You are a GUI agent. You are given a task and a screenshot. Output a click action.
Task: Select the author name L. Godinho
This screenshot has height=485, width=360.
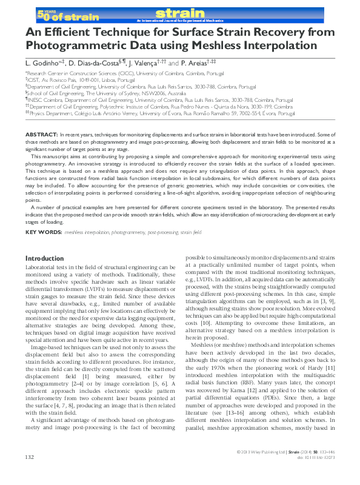pyautogui.click(x=43, y=62)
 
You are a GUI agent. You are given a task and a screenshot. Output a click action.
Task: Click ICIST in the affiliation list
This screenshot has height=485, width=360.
pyautogui.click(x=35, y=78)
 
